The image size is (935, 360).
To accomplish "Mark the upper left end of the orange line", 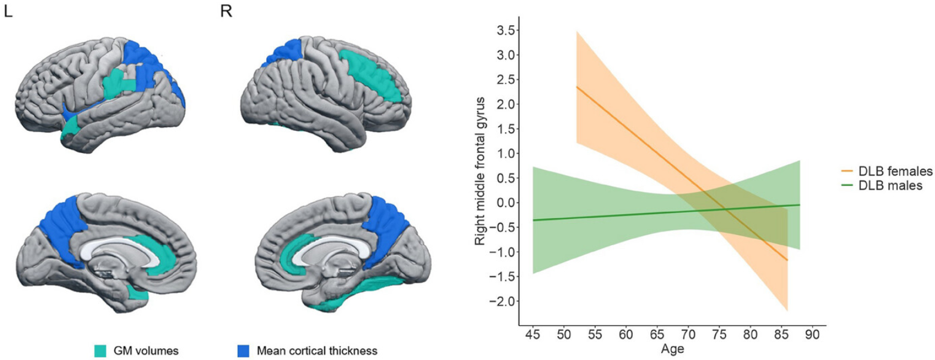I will click(x=577, y=87).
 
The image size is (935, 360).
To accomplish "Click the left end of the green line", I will click(x=533, y=220).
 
